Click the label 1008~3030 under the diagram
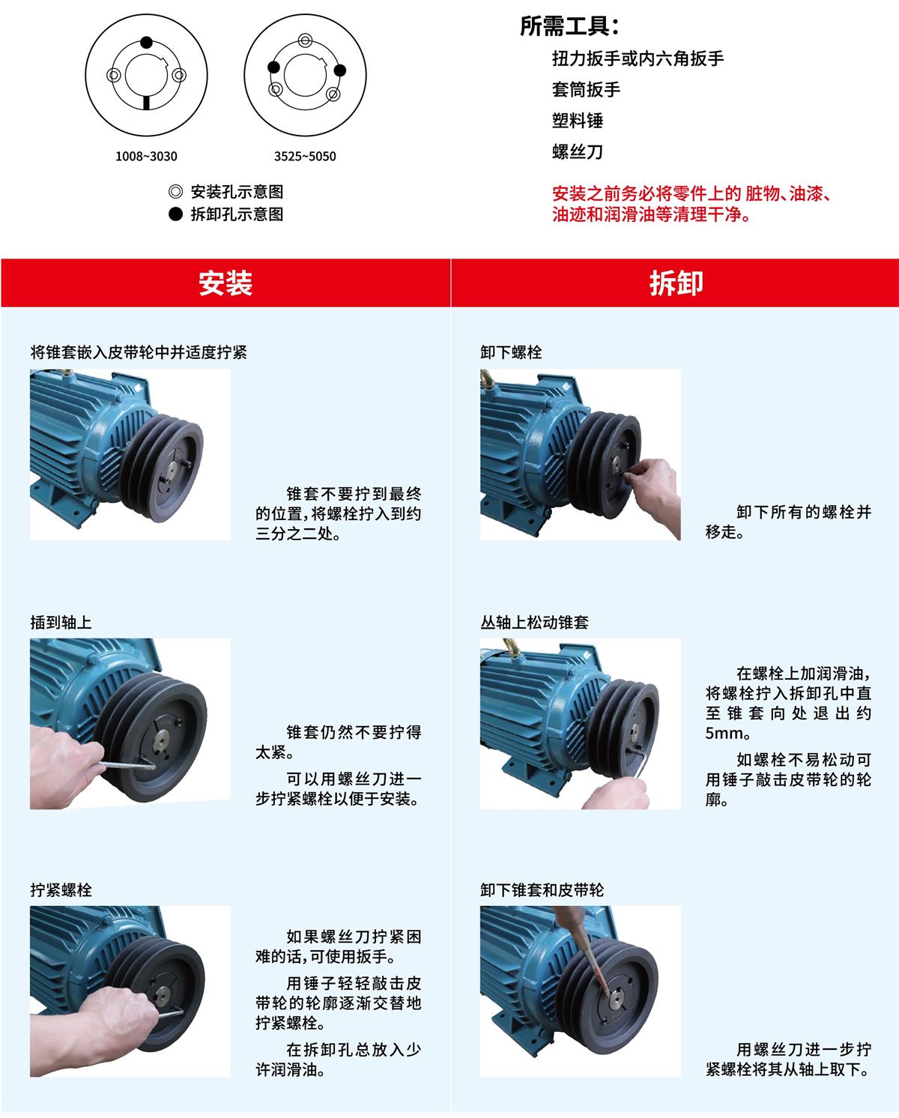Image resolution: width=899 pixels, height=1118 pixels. pyautogui.click(x=146, y=157)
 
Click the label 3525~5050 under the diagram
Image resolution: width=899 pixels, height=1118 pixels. pyautogui.click(x=305, y=157)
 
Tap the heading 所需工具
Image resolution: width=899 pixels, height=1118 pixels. pyautogui.click(x=569, y=26)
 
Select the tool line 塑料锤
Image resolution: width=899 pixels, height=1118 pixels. pyautogui.click(x=578, y=121)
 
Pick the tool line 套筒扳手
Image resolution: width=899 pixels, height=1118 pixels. pyautogui.click(x=586, y=89)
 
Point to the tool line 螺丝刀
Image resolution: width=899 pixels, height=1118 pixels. pyautogui.click(x=578, y=151)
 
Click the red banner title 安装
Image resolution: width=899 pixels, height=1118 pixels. pyautogui.click(x=225, y=283)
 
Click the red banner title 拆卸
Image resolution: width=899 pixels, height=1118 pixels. pyautogui.click(x=676, y=283)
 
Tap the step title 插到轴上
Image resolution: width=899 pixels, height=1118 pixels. pyautogui.click(x=61, y=622)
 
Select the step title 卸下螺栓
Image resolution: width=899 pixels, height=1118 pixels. pyautogui.click(x=511, y=352)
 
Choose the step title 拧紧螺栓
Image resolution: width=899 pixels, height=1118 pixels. pyautogui.click(x=61, y=890)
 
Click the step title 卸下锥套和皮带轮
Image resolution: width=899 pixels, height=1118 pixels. pyautogui.click(x=542, y=890)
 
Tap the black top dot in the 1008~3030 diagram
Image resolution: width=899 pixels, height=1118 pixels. pyautogui.click(x=146, y=42)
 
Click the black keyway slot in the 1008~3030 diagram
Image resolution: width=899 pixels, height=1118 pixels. pyautogui.click(x=146, y=103)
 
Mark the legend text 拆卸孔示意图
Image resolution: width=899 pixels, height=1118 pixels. pyautogui.click(x=237, y=214)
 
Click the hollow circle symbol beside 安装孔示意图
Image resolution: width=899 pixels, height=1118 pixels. pyautogui.click(x=175, y=192)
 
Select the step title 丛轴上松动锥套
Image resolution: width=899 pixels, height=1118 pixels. pyautogui.click(x=534, y=622)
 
